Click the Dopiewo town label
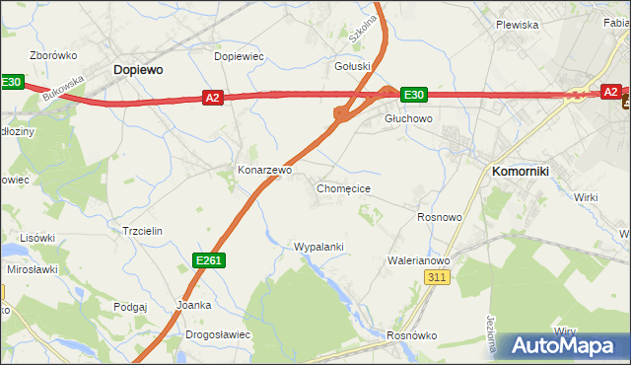pos(138,70)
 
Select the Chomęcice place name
pos(343,188)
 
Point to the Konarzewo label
pos(265,170)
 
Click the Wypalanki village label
pos(318,246)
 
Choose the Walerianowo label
pos(418,260)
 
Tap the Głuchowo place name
pos(408,118)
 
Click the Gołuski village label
pos(353,66)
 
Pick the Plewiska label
pos(517,25)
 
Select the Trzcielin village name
pos(141,230)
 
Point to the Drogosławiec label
pos(218,334)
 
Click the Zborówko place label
pos(53,55)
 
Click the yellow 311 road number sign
pos(439,278)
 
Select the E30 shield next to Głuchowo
pos(413,95)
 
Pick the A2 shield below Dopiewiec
pos(213,97)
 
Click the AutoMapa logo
pos(563,346)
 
